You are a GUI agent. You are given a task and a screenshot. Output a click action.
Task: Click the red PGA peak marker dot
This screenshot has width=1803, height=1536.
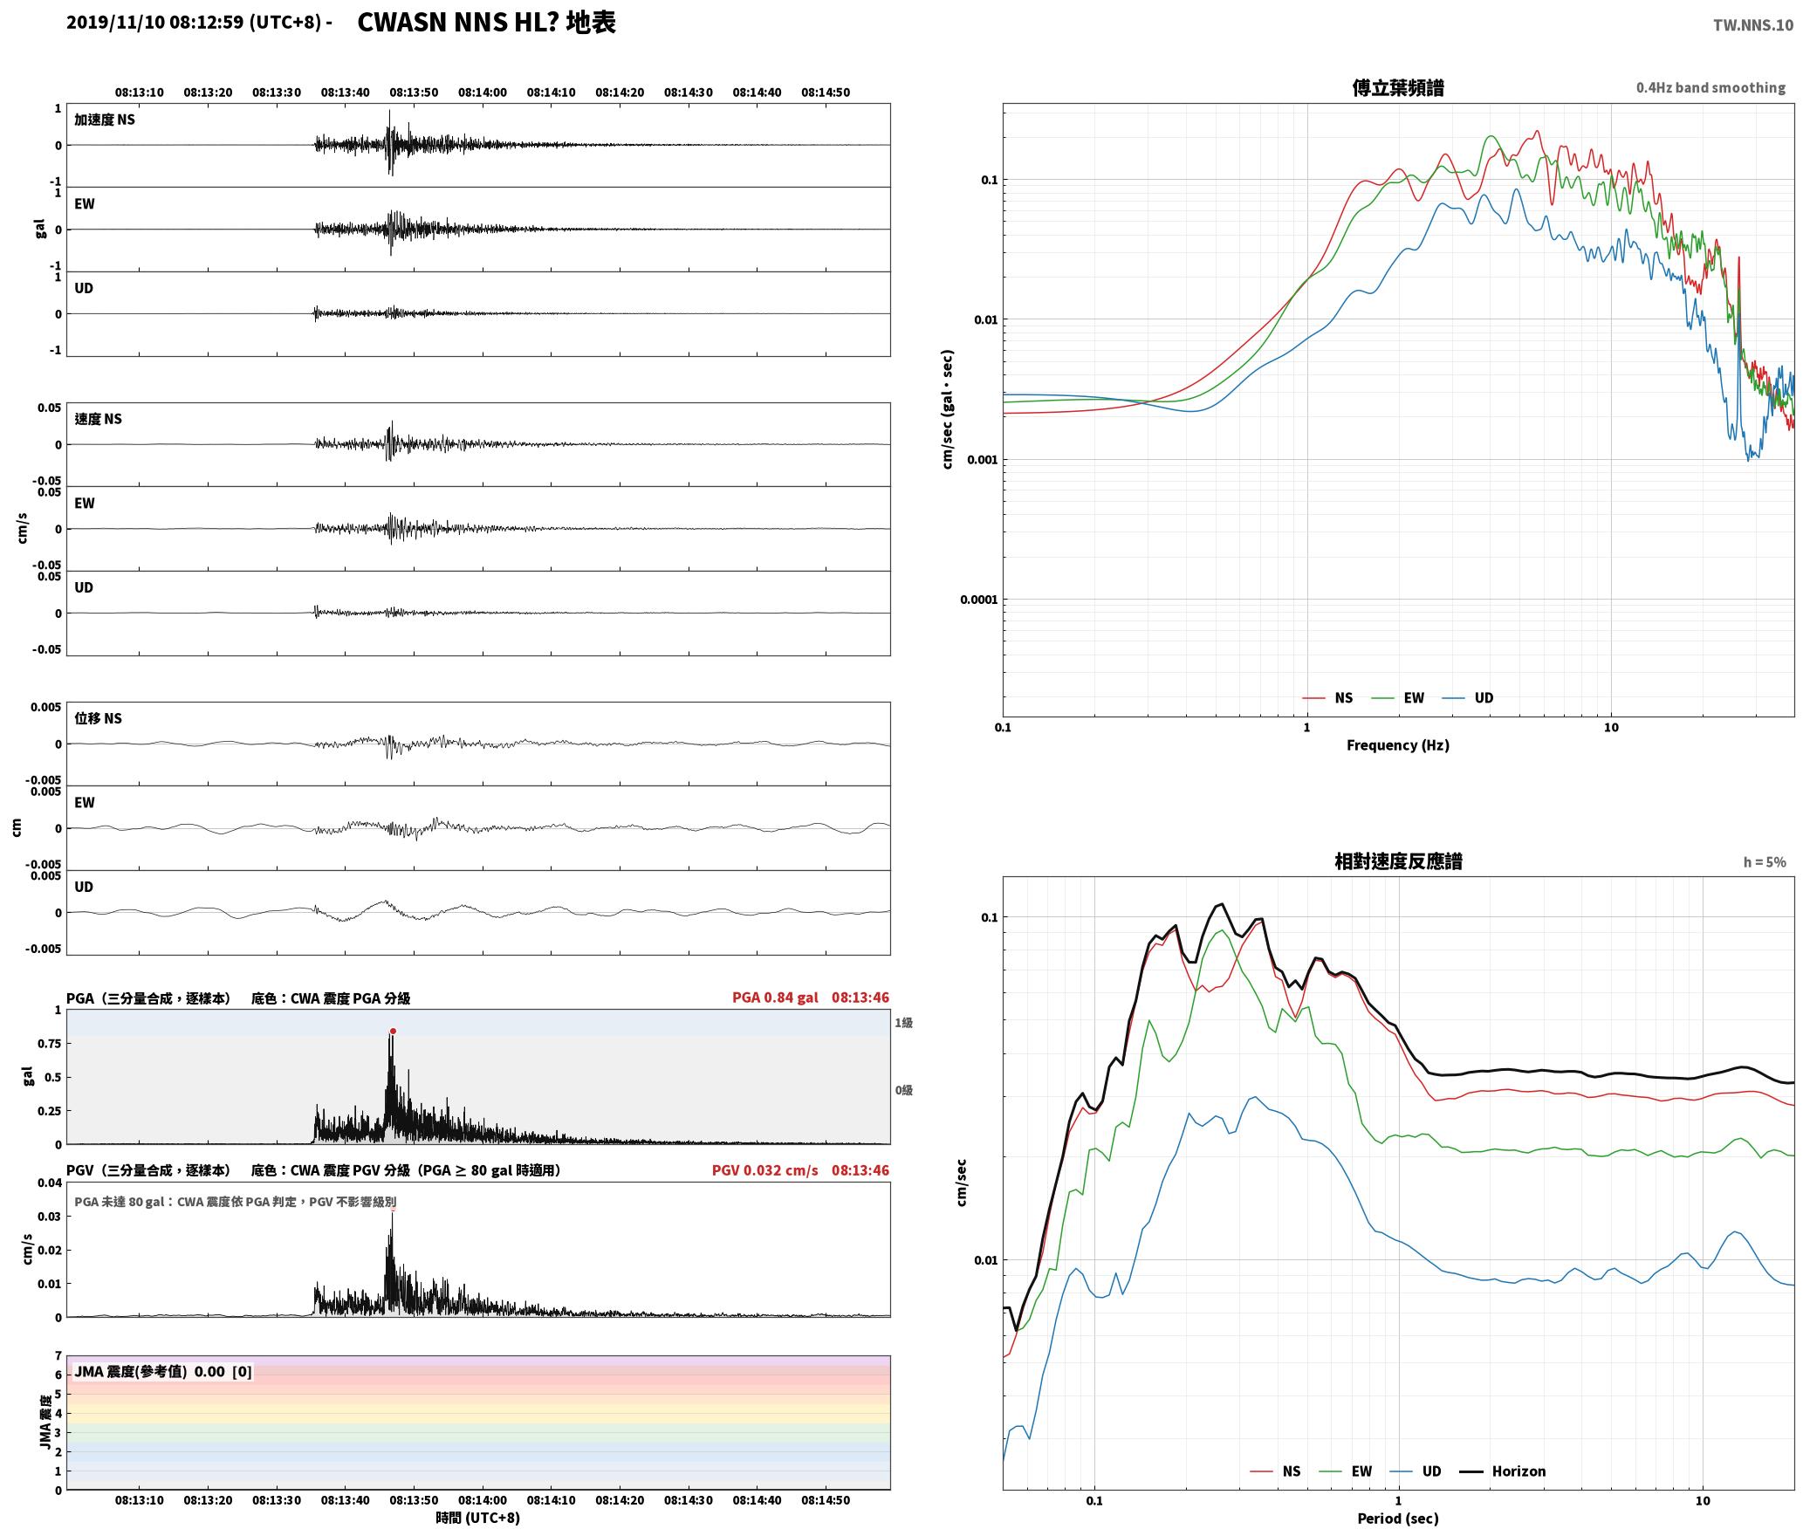(393, 1032)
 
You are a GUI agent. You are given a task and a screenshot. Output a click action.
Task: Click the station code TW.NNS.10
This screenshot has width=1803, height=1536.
(1753, 25)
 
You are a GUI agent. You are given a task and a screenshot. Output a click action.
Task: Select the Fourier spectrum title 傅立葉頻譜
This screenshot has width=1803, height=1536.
(1397, 88)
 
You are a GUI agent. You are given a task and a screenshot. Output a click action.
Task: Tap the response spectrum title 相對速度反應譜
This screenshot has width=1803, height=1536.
(1398, 861)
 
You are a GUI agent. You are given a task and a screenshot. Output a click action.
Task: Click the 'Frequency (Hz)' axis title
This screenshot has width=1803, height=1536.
(1397, 745)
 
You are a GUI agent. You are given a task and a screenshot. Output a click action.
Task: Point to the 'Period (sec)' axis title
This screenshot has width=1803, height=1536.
(1397, 1519)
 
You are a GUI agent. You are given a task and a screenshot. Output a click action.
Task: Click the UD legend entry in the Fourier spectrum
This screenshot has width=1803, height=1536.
(1468, 698)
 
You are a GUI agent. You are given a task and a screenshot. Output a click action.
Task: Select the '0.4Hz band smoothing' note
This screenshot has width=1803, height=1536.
(1710, 88)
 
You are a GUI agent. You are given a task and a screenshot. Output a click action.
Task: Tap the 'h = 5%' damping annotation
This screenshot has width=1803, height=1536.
(1765, 862)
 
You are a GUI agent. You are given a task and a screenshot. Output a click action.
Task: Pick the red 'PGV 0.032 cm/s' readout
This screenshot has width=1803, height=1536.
(764, 1170)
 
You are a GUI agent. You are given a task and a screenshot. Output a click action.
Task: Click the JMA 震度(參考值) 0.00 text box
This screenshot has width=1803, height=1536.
(163, 1372)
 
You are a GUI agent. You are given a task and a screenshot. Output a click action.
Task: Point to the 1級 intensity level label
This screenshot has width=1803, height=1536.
(903, 1023)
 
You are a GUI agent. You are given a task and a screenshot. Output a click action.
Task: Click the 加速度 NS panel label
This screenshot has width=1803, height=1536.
(105, 120)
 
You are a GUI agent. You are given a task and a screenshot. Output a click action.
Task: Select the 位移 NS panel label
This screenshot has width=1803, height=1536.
(98, 718)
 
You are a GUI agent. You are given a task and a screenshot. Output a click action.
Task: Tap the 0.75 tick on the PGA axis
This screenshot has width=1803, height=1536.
(50, 1044)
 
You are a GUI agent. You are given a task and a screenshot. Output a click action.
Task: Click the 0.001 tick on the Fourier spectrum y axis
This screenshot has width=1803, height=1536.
(982, 460)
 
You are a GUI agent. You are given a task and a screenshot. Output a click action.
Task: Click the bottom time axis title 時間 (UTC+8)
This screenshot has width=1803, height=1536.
(477, 1518)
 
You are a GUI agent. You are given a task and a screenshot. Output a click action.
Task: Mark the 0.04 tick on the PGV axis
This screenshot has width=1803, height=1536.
(50, 1183)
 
